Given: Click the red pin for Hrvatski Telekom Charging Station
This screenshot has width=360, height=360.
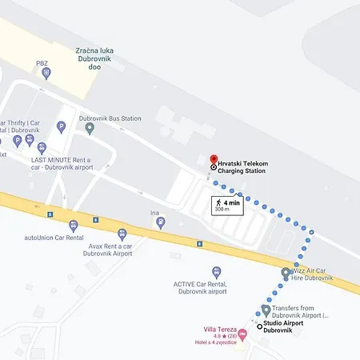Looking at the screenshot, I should pyautogui.click(x=214, y=160).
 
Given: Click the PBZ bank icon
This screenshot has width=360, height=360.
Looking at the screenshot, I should pyautogui.click(x=46, y=73).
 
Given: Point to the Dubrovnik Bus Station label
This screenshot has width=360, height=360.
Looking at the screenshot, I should pyautogui.click(x=110, y=118).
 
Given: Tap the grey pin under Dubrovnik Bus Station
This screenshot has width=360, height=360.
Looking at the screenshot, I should pyautogui.click(x=90, y=128).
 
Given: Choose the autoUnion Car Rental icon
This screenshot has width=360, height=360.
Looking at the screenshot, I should pyautogui.click(x=73, y=226).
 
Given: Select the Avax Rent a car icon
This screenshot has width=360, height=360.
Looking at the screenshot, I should pyautogui.click(x=122, y=234).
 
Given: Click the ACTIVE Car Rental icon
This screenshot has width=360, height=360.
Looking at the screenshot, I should pyautogui.click(x=216, y=273).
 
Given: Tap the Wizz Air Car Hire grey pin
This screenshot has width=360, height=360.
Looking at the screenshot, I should pyautogui.click(x=286, y=273).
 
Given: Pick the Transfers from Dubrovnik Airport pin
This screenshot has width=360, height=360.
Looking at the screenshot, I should pyautogui.click(x=266, y=310).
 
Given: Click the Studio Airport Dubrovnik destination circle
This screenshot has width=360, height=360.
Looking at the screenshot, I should pyautogui.click(x=260, y=326).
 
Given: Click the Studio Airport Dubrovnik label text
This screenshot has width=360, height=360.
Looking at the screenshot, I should pyautogui.click(x=289, y=326).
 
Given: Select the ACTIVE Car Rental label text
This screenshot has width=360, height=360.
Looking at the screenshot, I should pyautogui.click(x=200, y=288).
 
